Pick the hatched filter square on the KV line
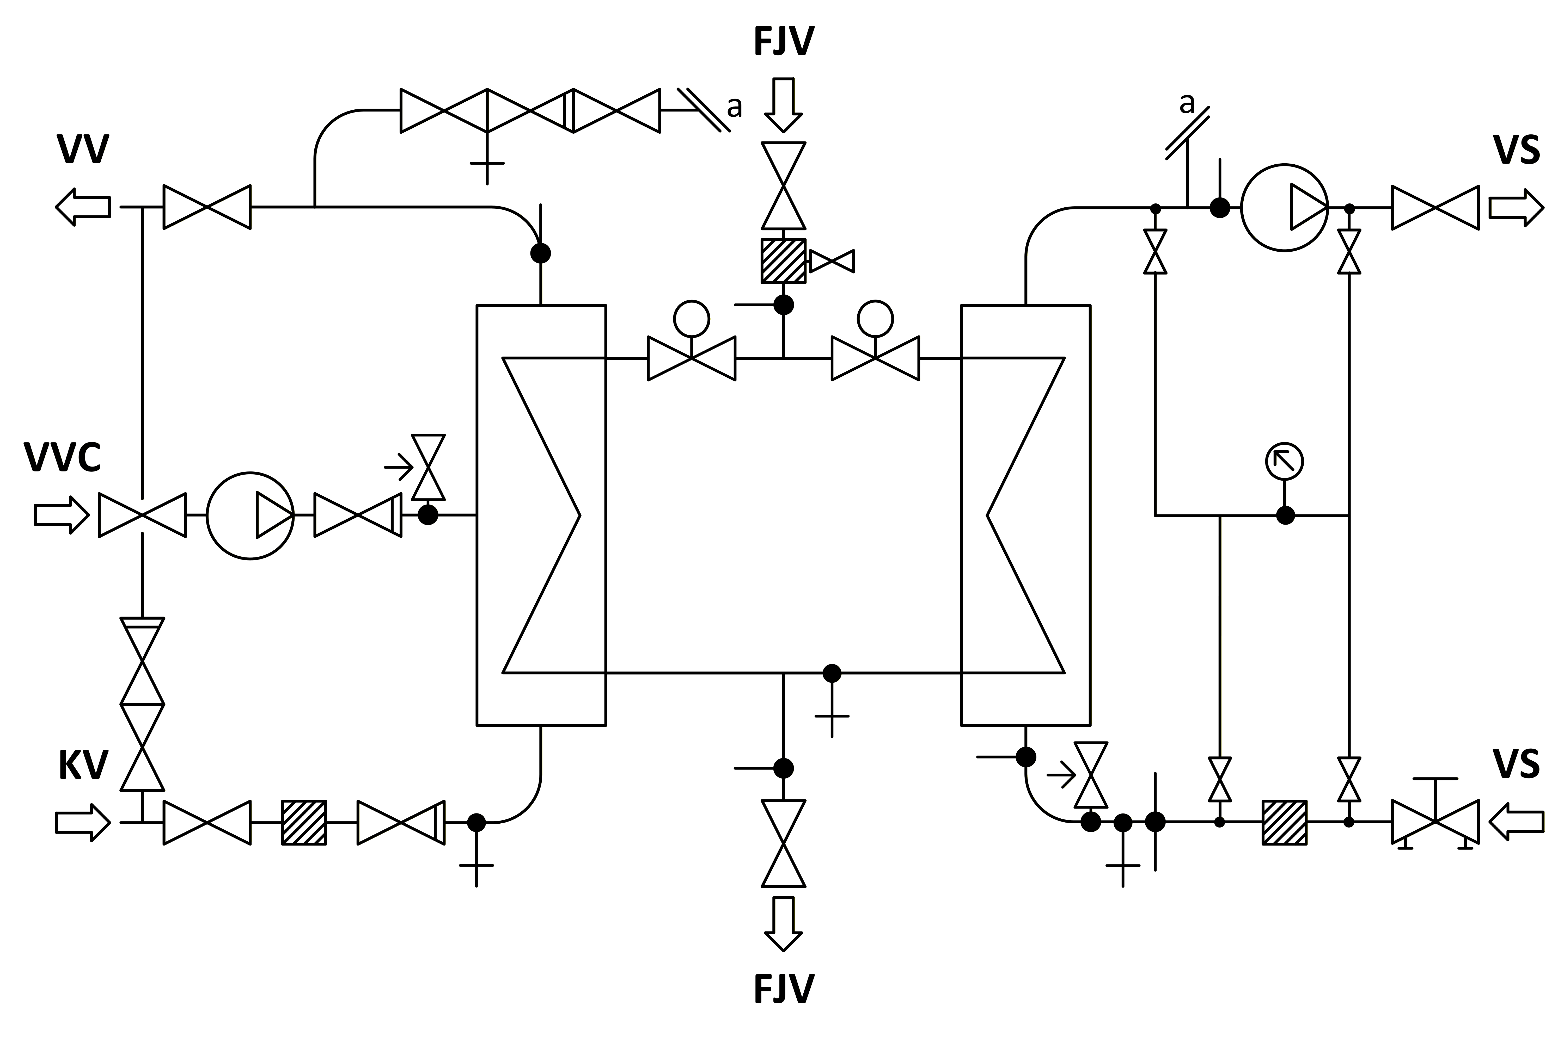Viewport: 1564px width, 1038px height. click(x=304, y=822)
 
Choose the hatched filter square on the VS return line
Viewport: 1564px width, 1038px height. click(x=1285, y=822)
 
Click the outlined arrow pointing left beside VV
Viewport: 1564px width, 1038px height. click(x=83, y=207)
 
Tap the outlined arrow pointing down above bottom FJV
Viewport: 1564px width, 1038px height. click(x=784, y=923)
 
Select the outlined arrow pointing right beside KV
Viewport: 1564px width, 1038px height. click(x=83, y=822)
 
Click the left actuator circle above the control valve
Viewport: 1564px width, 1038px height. click(x=692, y=319)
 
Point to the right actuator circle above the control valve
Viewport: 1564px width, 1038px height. click(x=875, y=319)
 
